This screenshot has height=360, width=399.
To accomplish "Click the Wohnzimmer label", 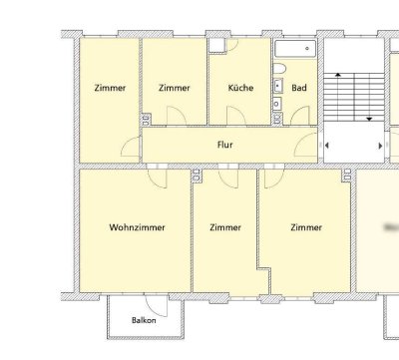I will (x=137, y=227).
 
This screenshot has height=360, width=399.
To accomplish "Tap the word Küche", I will (x=240, y=88).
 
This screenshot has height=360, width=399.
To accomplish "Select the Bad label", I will (x=298, y=88).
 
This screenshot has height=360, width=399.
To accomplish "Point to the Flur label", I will (x=225, y=145).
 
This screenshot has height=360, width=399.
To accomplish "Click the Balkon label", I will (x=144, y=320).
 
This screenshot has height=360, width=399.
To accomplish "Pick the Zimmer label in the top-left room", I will (x=110, y=88).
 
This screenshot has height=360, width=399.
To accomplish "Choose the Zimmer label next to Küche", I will (x=175, y=88).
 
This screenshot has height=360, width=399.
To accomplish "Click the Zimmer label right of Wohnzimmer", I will (x=225, y=227).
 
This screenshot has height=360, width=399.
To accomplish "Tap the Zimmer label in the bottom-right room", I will (x=305, y=227).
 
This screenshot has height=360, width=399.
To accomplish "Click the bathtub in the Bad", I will (x=294, y=49).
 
